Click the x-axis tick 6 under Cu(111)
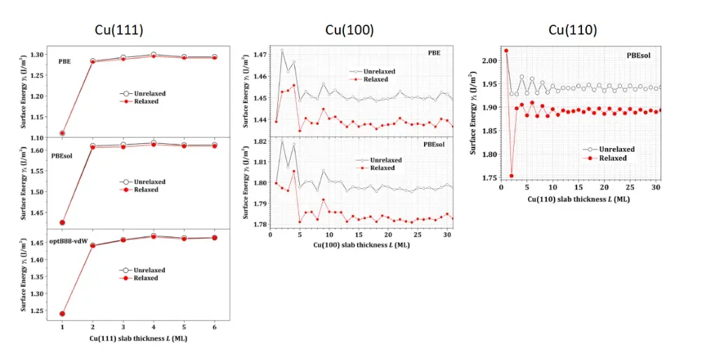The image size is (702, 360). [214, 326]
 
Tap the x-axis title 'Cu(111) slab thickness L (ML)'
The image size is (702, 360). [138, 338]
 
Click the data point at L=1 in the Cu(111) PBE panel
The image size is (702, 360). [62, 133]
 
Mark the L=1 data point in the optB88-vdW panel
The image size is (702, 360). [62, 314]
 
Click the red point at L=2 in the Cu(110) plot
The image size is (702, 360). [511, 175]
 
